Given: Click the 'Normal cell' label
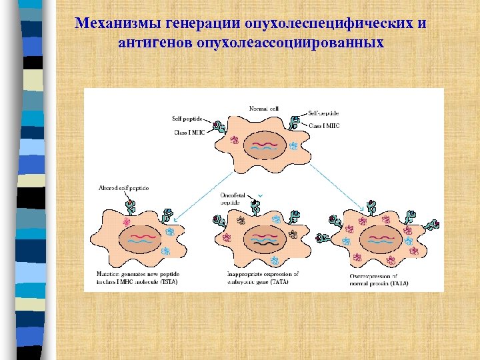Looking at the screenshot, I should point(263,108).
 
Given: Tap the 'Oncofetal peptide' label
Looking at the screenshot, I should point(231,198).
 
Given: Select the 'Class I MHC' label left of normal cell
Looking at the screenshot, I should point(187,131).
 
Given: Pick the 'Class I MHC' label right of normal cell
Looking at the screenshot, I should point(325,125).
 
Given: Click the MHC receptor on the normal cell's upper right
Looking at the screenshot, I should point(293,122).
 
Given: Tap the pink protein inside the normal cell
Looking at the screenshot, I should point(234,141).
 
